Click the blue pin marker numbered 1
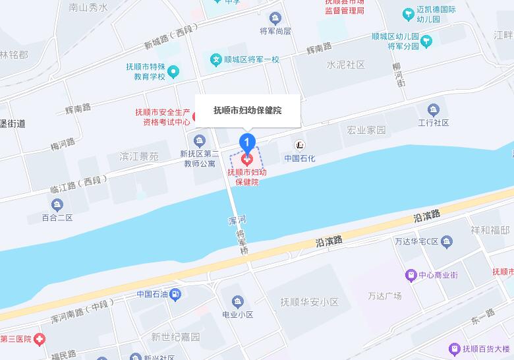[247, 141]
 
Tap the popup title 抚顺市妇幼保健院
[248, 110]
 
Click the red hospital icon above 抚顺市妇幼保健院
[247, 159]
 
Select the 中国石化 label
[300, 158]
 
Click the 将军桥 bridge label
[243, 242]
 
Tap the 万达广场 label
[385, 295]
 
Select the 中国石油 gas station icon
[175, 295]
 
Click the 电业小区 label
[238, 315]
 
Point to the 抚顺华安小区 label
[309, 302]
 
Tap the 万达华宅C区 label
[416, 241]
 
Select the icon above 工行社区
[433, 109]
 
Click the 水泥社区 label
[345, 65]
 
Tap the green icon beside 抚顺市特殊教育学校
[173, 71]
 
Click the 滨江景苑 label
[139, 157]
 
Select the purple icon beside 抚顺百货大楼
[454, 348]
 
